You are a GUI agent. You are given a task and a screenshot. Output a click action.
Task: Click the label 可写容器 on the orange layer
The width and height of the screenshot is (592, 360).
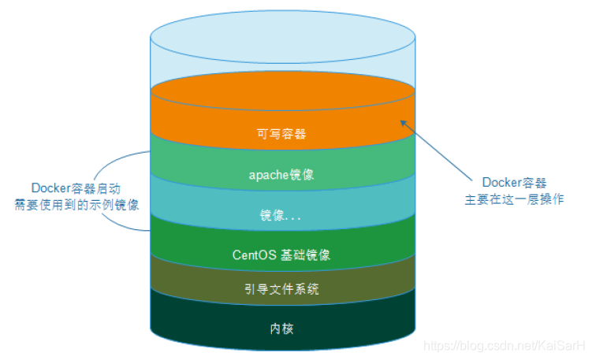click(x=281, y=134)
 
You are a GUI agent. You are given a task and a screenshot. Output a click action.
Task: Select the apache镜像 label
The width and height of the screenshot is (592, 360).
click(x=281, y=175)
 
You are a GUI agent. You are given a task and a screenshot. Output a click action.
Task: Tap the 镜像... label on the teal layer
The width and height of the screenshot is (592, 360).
click(x=281, y=215)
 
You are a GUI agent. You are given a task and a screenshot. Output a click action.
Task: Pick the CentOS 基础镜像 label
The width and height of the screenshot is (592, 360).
click(x=281, y=255)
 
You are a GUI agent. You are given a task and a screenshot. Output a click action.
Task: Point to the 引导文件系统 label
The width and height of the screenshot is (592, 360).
click(x=281, y=289)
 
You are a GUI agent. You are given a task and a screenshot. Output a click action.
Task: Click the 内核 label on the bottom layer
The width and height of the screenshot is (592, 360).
click(x=281, y=326)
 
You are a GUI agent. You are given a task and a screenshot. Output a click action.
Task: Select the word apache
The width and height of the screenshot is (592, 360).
click(x=267, y=175)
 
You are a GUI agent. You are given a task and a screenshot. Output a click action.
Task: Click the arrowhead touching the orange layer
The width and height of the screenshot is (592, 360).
click(x=404, y=121)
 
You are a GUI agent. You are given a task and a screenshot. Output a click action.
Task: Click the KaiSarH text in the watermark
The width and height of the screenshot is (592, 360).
click(x=563, y=346)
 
